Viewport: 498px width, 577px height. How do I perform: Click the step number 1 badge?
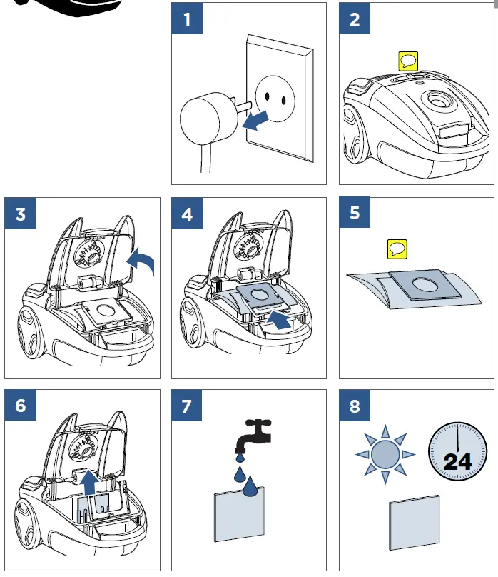click(x=187, y=19)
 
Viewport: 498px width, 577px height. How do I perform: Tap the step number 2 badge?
click(x=355, y=19)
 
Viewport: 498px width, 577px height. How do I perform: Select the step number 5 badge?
click(x=355, y=214)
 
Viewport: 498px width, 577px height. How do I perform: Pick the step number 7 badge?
click(x=187, y=406)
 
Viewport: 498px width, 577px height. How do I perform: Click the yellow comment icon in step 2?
click(x=406, y=61)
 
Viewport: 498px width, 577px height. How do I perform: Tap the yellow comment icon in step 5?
click(x=396, y=249)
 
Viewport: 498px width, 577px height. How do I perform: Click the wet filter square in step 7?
click(x=239, y=514)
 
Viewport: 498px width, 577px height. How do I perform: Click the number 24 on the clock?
click(x=457, y=461)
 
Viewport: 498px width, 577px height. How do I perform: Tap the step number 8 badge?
click(x=355, y=406)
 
